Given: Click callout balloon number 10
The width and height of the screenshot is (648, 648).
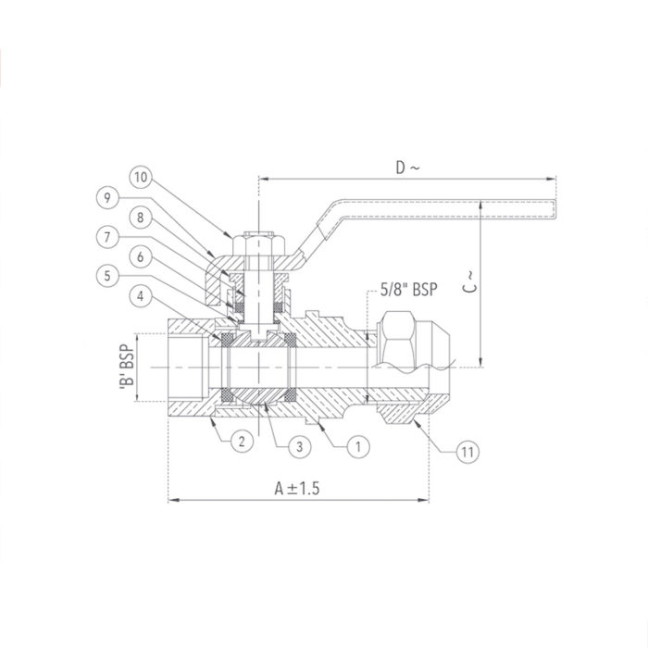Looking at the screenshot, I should pos(140,176).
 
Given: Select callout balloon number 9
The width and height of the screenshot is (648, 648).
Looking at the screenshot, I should pos(108,196).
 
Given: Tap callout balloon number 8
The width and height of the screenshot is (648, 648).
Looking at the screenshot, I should pos(140,218).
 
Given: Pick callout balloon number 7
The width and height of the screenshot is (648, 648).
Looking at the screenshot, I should pos(108,237).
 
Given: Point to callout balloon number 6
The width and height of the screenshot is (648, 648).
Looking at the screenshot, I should pos(140,256).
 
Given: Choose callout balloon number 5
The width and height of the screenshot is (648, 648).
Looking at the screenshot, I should pos(108,276).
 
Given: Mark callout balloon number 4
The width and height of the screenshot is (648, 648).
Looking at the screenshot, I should pos(140,297).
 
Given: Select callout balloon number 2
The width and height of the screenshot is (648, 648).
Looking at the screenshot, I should pos(239,442).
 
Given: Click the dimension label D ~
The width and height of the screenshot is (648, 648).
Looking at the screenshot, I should pos(407,168).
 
